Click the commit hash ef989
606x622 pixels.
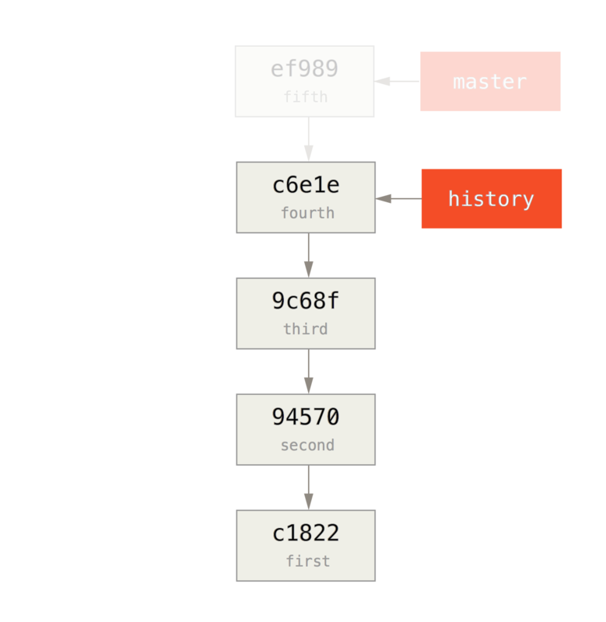(x=304, y=69)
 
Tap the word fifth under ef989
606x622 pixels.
(x=305, y=97)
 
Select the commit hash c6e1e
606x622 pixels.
(x=306, y=186)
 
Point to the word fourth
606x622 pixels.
(x=307, y=213)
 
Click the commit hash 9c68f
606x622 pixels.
(x=306, y=302)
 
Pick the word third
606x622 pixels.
(x=305, y=329)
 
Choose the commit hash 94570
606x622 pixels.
(x=306, y=418)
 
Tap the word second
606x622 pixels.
(x=307, y=446)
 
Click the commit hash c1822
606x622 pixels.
(x=306, y=533)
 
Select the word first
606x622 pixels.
(x=307, y=561)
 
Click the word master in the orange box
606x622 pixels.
(x=489, y=82)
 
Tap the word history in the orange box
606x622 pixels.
(x=491, y=199)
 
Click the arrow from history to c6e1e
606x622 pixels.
(x=398, y=199)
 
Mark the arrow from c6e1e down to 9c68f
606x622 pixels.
(x=308, y=255)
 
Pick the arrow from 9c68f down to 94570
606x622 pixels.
(x=308, y=372)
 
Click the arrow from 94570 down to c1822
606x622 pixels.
(x=308, y=487)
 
